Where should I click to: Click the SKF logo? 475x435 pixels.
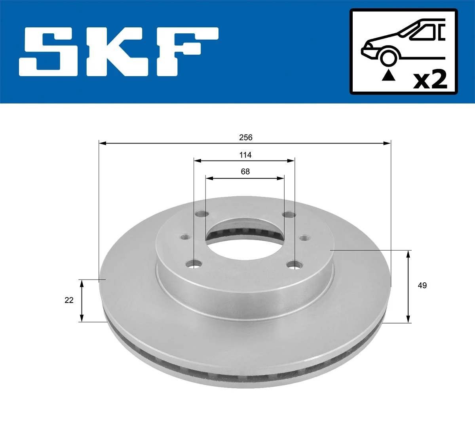click(x=119, y=52)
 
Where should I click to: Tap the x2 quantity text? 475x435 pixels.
click(x=430, y=79)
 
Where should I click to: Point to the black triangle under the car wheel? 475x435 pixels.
click(x=388, y=75)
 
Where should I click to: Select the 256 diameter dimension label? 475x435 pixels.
click(x=245, y=138)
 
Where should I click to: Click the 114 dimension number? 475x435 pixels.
click(x=245, y=155)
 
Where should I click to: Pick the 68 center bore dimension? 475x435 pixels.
click(x=245, y=172)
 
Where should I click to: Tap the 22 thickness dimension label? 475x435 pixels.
click(x=69, y=301)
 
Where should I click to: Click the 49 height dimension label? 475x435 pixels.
click(x=422, y=286)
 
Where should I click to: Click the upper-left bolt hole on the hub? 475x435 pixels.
click(x=202, y=214)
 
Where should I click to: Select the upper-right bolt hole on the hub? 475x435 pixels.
click(x=289, y=215)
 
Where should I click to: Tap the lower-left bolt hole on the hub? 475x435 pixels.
click(x=194, y=264)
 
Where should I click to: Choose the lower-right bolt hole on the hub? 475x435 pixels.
click(x=295, y=264)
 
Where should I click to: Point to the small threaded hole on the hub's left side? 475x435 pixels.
click(x=186, y=237)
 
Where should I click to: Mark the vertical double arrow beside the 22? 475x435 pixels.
click(x=82, y=301)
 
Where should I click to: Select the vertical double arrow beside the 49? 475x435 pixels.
click(x=408, y=286)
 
